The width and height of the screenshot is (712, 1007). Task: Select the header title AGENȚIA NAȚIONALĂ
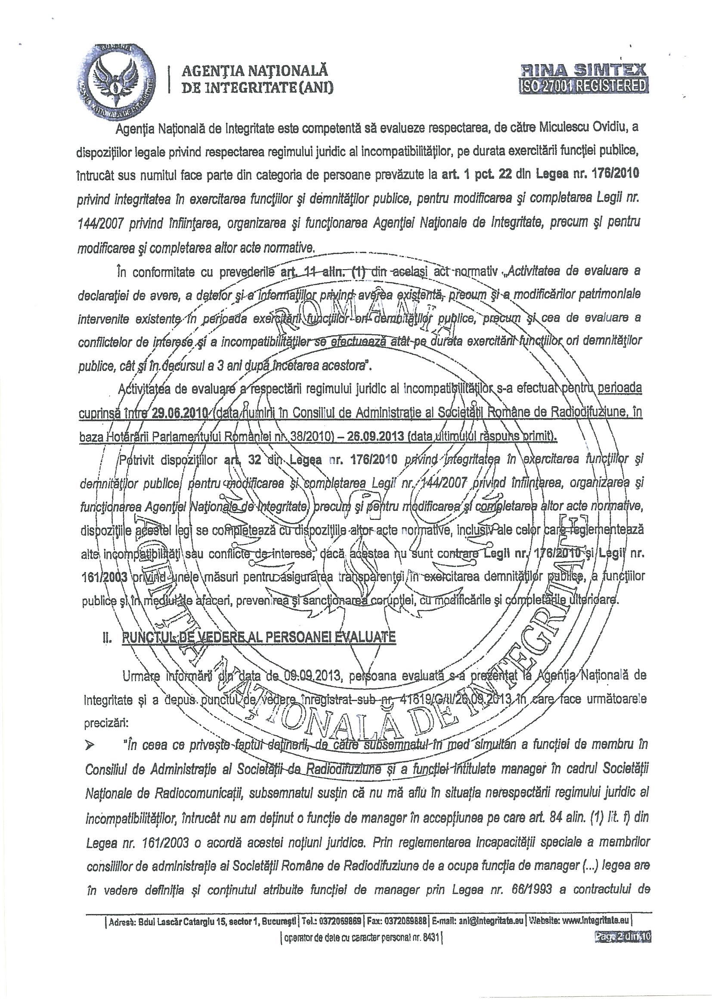[255, 70]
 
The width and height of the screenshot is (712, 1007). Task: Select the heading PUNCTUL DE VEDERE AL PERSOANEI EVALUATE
[259, 637]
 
